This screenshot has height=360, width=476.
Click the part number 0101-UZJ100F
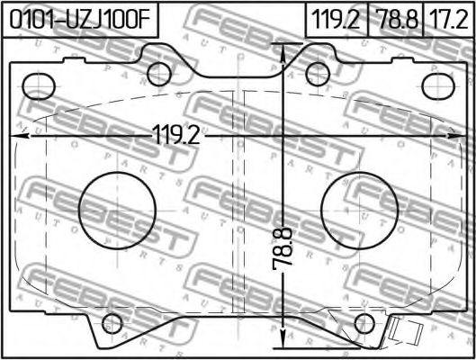(x=80, y=20)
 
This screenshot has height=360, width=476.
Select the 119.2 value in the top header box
(x=336, y=20)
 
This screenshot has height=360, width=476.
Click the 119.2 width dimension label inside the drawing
(x=176, y=135)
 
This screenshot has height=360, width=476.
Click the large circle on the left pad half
(x=117, y=211)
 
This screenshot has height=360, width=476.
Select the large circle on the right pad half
(x=359, y=211)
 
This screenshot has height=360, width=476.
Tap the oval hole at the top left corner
(x=40, y=86)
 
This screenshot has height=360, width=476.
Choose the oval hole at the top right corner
(x=438, y=86)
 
